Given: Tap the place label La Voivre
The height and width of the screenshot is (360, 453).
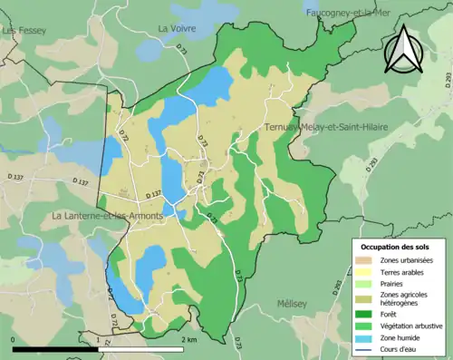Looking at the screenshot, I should (x=178, y=28).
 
